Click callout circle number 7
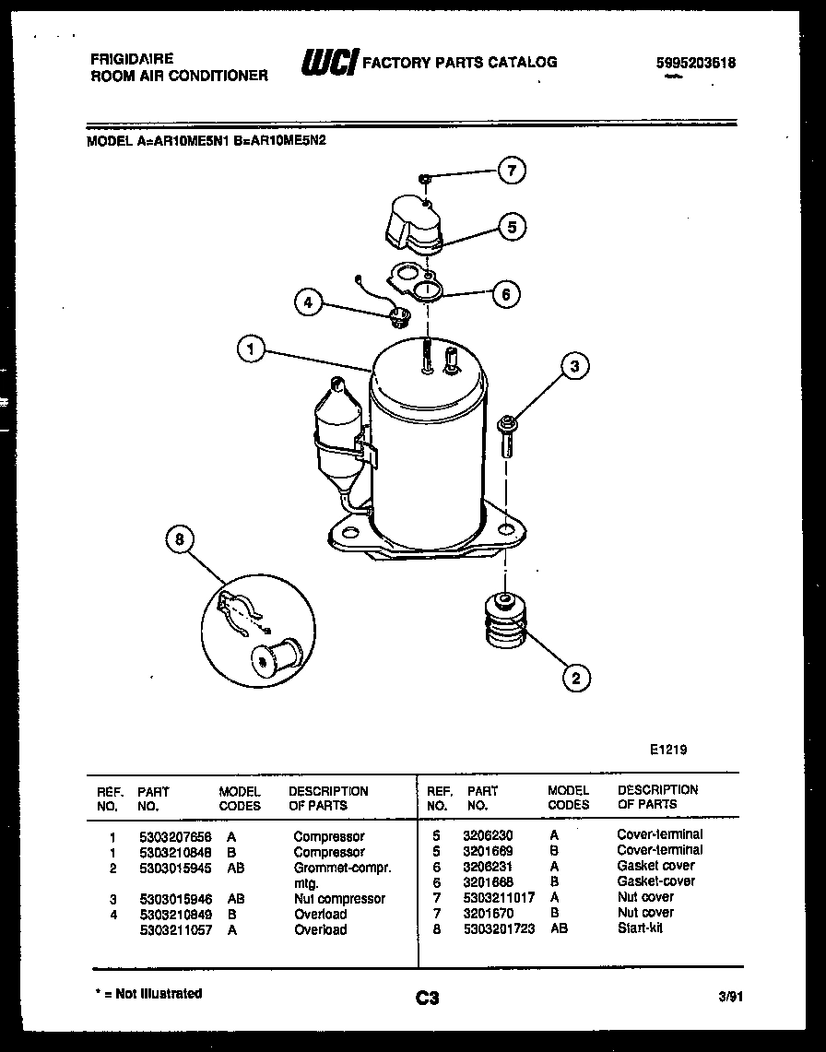[512, 171]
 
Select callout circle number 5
[512, 226]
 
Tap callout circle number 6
[505, 295]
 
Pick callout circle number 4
[310, 301]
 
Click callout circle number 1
[251, 349]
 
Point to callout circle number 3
[574, 367]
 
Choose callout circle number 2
[576, 679]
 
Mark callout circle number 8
[180, 538]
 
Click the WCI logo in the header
[328, 64]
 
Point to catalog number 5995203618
[696, 64]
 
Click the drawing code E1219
[668, 750]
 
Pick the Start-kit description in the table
[640, 928]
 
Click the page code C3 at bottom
[426, 997]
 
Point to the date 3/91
[729, 997]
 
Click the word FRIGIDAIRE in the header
[132, 58]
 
